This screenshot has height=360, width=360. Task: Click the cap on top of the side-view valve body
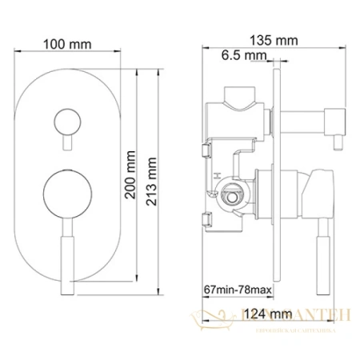pos(239,101)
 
